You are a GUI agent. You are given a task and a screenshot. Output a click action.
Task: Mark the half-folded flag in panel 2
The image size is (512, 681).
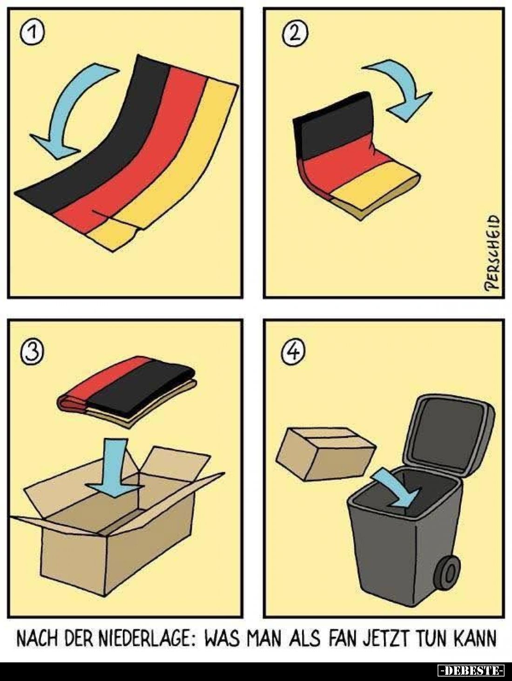point(357,155)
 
